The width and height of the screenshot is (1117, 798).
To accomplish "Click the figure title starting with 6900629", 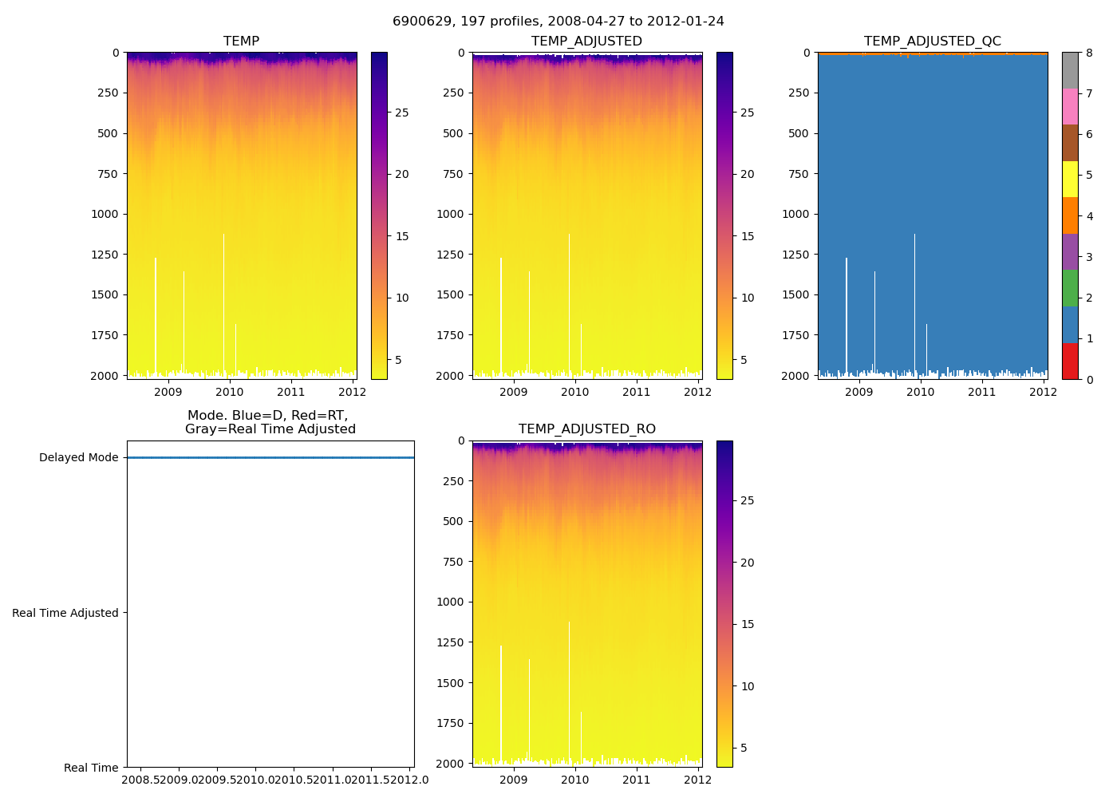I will click(x=558, y=22).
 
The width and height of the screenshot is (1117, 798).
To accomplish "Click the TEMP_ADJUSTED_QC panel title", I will click(x=932, y=41).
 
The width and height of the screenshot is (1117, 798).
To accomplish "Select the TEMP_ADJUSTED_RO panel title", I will click(x=586, y=429).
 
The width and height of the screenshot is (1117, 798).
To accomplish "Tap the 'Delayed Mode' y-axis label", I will click(x=78, y=458).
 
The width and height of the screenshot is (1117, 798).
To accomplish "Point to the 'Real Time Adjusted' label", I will click(x=65, y=613).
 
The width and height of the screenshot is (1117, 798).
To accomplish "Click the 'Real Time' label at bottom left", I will click(x=91, y=768).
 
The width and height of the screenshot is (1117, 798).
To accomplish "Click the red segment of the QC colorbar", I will click(x=1070, y=361).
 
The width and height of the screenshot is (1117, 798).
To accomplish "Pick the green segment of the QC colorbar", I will click(x=1070, y=288).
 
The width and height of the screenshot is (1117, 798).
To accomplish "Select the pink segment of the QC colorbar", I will click(x=1070, y=106).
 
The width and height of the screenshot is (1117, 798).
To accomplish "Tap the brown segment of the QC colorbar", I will click(x=1070, y=143).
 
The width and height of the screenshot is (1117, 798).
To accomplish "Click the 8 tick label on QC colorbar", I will click(x=1089, y=53).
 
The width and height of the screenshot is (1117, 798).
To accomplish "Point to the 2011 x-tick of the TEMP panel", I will click(x=291, y=392).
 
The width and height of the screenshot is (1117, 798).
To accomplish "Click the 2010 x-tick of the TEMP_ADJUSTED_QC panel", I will click(x=920, y=392).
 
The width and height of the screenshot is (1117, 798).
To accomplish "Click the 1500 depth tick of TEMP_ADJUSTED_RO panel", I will click(x=447, y=683).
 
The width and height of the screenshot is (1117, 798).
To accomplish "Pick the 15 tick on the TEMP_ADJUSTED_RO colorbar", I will click(x=747, y=624).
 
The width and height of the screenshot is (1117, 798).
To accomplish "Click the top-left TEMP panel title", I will click(x=241, y=41).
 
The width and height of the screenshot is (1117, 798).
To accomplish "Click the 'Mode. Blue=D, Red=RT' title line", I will click(x=267, y=416).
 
